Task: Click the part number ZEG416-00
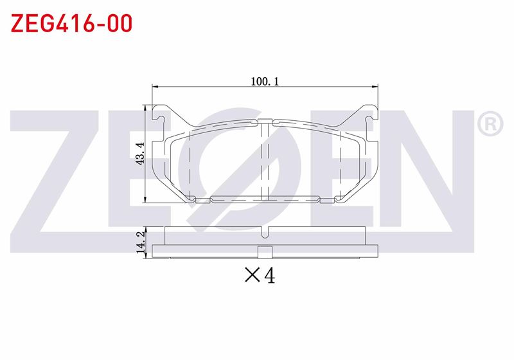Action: coord(72,23)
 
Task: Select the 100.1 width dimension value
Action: coord(265,81)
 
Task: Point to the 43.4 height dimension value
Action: coord(140,154)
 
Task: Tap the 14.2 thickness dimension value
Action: coord(141,242)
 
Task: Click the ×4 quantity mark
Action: coord(260,275)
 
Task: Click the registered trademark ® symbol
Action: coord(490,123)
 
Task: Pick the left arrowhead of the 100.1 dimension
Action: coord(155,87)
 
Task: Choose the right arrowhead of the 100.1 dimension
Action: coord(375,87)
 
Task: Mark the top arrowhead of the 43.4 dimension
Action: coord(145,108)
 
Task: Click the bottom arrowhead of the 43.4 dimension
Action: coord(145,199)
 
